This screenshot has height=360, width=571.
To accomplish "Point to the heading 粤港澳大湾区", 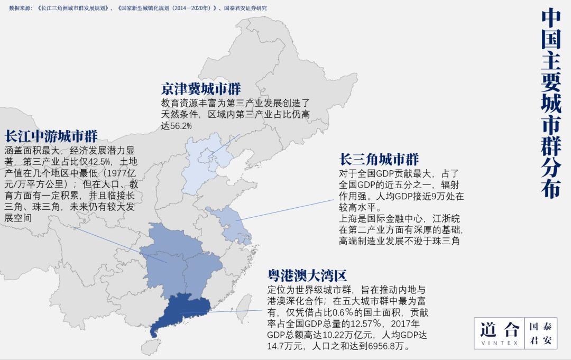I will [x=307, y=276].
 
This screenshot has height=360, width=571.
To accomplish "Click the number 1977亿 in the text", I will [x=120, y=173].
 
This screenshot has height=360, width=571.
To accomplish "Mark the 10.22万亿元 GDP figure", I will [x=318, y=335].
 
